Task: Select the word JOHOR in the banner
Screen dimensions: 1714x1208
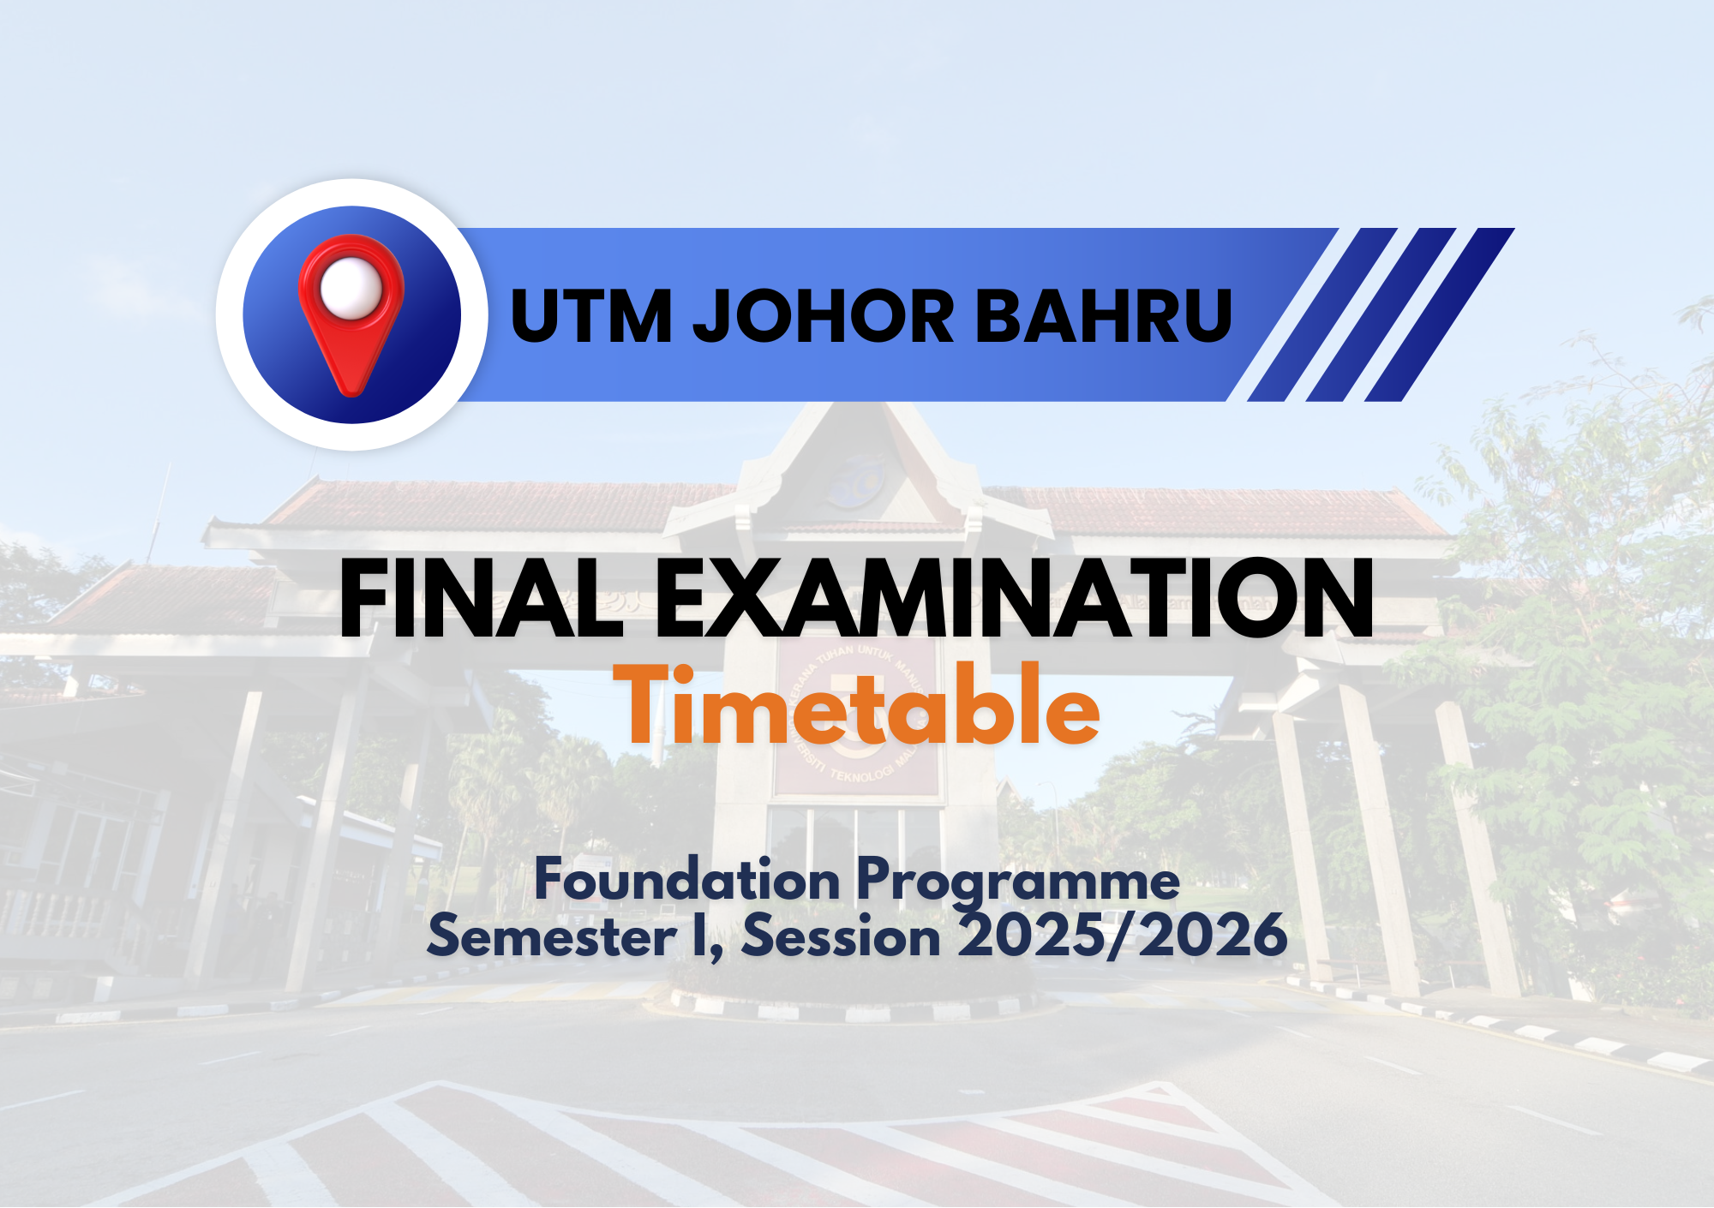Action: pos(823,316)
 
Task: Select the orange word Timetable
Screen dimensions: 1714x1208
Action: pos(857,706)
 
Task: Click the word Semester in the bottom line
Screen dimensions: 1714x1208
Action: pos(552,936)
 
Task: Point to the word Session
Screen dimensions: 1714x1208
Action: pos(841,936)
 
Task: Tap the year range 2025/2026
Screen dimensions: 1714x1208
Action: pos(1123,936)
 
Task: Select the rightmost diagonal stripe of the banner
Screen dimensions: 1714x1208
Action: pos(1440,314)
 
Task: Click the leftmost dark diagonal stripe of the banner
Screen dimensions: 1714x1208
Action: pos(1322,314)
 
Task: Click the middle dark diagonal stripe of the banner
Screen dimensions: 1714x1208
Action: pos(1381,314)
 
